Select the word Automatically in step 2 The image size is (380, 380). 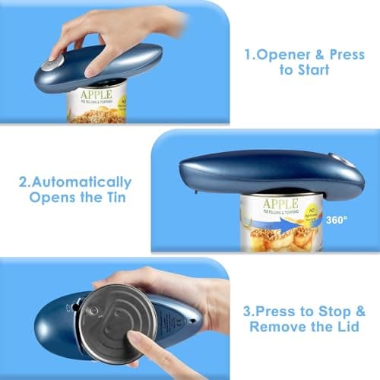[84, 182]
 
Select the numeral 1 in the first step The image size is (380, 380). [248, 55]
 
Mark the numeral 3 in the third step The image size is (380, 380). [248, 312]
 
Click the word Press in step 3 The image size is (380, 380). [281, 312]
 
